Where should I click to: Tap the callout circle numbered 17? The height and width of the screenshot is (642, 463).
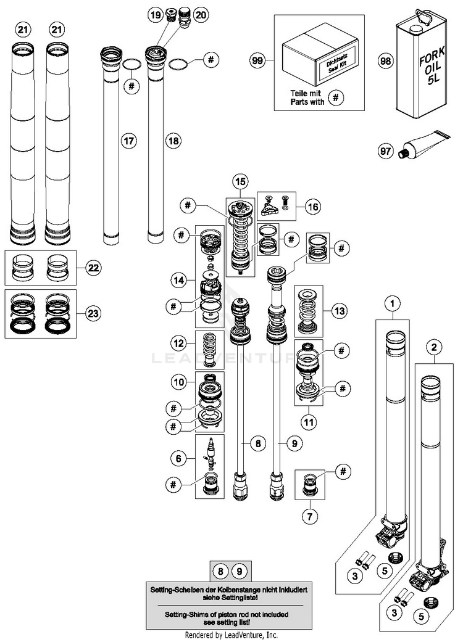(x=128, y=141)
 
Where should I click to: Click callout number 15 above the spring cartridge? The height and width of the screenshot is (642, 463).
(x=240, y=181)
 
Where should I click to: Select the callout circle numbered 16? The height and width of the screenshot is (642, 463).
(x=313, y=207)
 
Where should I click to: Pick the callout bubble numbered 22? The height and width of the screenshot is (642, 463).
(x=93, y=268)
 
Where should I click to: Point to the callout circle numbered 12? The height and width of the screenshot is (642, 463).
(x=178, y=342)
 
